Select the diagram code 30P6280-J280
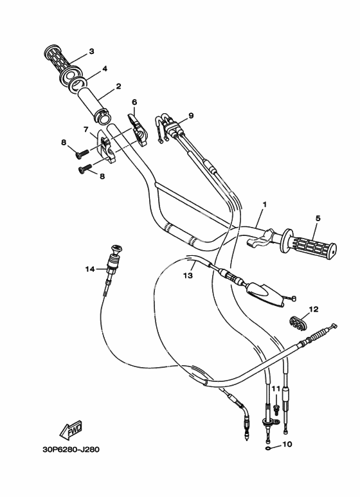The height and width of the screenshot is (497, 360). coord(71,449)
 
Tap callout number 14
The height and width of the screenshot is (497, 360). coord(90,269)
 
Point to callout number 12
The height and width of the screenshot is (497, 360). coord(314,309)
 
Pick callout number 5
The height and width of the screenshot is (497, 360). coord(318,218)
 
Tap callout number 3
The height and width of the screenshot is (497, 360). coord(91,51)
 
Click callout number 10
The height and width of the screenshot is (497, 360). coord(287,444)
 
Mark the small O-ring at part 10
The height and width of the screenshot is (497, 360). coord(268,448)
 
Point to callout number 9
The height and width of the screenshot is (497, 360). coord(191,116)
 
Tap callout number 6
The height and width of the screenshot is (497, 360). coord(134,102)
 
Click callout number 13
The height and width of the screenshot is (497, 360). coord(188,275)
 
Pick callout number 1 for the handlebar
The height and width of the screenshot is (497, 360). coord(264,204)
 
